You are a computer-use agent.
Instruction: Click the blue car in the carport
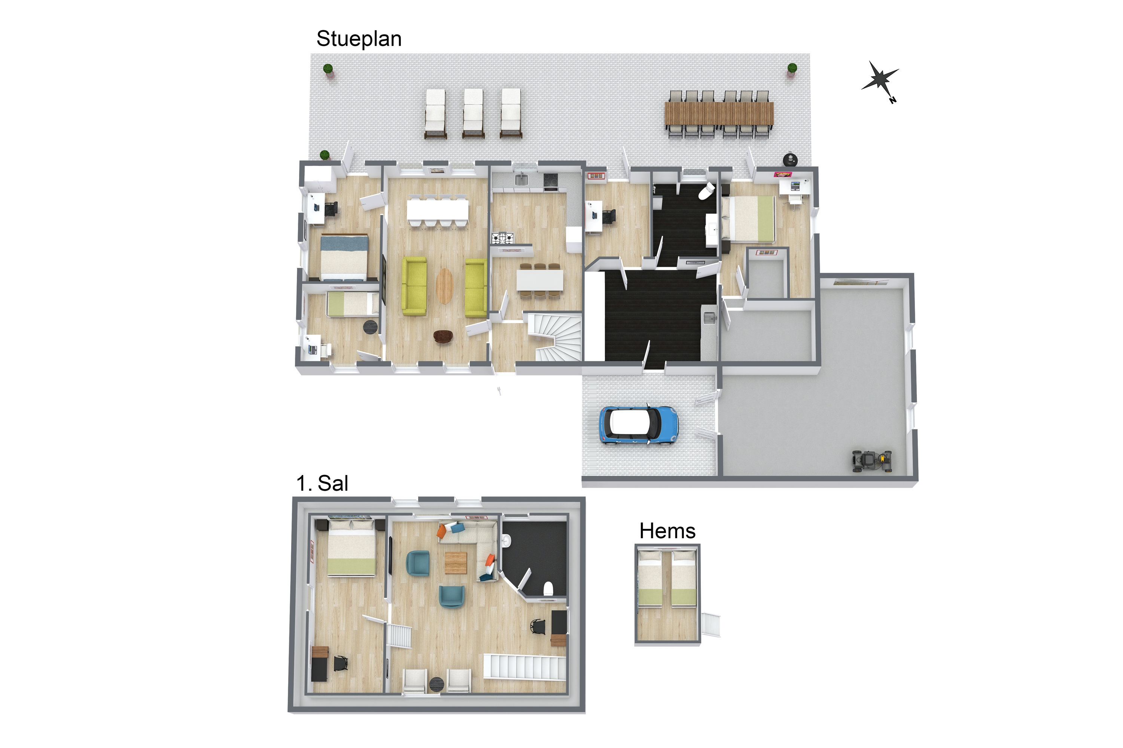pyautogui.click(x=639, y=426)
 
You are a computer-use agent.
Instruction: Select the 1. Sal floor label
pyautogui.click(x=322, y=483)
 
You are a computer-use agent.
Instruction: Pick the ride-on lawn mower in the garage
pyautogui.click(x=872, y=461)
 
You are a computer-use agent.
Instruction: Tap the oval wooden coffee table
pyautogui.click(x=445, y=286)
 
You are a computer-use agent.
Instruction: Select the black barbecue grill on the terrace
pyautogui.click(x=790, y=159)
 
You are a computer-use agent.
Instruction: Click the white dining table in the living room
pyautogui.click(x=437, y=209)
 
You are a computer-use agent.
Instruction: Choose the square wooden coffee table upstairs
pyautogui.click(x=456, y=562)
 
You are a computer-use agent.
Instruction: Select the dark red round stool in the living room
pyautogui.click(x=443, y=336)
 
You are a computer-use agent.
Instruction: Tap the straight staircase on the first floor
pyautogui.click(x=525, y=667)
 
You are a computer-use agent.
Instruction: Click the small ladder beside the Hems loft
pyautogui.click(x=710, y=625)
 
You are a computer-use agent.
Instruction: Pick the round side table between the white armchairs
pyautogui.click(x=436, y=684)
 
